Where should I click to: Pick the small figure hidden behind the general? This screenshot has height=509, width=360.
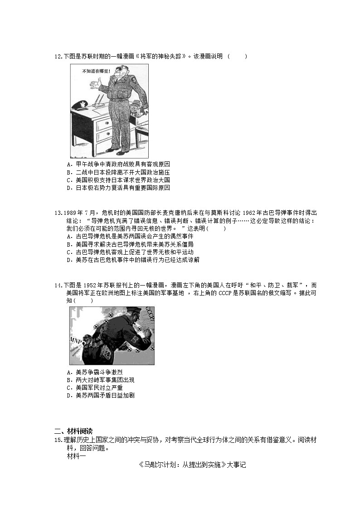pos(135,109)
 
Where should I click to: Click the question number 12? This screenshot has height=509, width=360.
pos(58,57)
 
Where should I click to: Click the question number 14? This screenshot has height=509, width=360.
pos(58,286)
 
